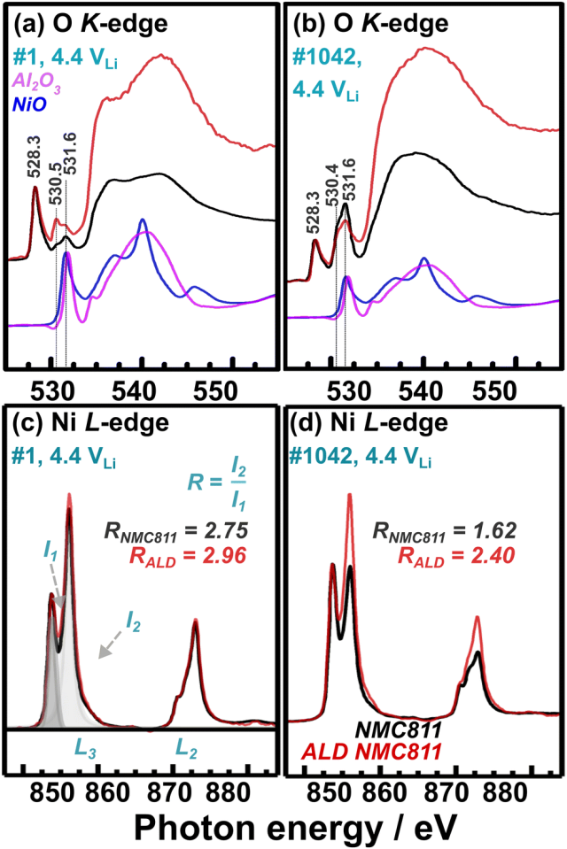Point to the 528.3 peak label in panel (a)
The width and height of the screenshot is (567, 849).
(x=35, y=162)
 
